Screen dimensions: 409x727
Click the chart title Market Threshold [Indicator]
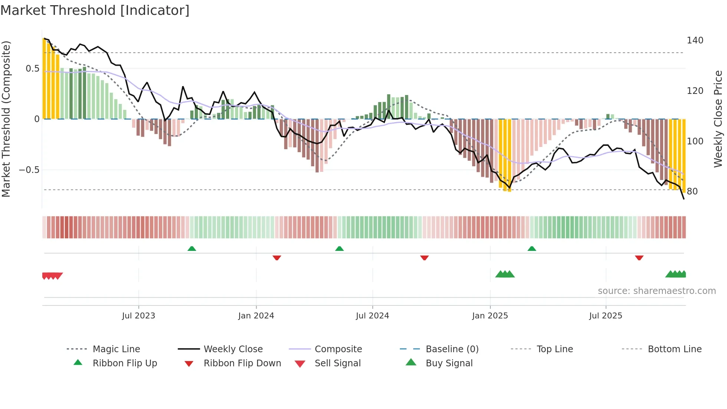95,10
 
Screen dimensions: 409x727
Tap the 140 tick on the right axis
695,40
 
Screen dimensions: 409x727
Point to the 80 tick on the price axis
692,192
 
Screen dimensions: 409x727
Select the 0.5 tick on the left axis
32,69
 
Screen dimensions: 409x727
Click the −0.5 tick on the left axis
29,170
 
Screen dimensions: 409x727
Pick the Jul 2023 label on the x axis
138,316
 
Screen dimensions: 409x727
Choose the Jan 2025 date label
490,316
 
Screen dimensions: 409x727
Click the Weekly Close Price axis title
718,119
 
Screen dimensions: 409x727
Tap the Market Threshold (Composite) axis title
6,119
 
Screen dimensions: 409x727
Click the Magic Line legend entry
116,349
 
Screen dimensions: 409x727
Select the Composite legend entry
338,349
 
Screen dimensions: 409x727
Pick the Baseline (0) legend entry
452,349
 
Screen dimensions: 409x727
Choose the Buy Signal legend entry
449,363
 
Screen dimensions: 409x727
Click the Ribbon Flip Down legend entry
242,363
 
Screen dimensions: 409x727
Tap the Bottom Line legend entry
674,349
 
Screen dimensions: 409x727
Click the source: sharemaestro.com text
657,291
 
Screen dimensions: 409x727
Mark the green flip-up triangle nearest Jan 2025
532,249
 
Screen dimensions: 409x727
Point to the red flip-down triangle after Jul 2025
639,258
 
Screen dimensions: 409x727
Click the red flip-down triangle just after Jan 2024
277,258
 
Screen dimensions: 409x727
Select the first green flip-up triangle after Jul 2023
191,249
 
